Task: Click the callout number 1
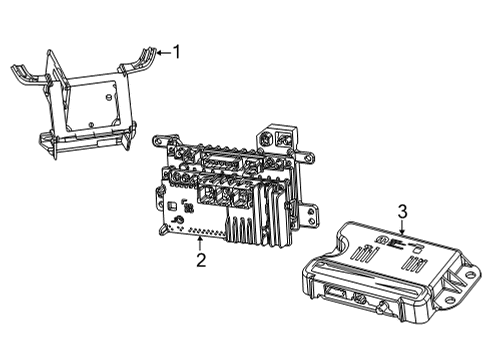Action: click(x=177, y=50)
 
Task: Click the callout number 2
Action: click(x=201, y=262)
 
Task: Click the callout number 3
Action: click(x=402, y=212)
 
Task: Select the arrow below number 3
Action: click(x=402, y=230)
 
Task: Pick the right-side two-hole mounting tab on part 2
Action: click(x=309, y=212)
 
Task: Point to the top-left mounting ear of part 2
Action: click(x=159, y=141)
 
